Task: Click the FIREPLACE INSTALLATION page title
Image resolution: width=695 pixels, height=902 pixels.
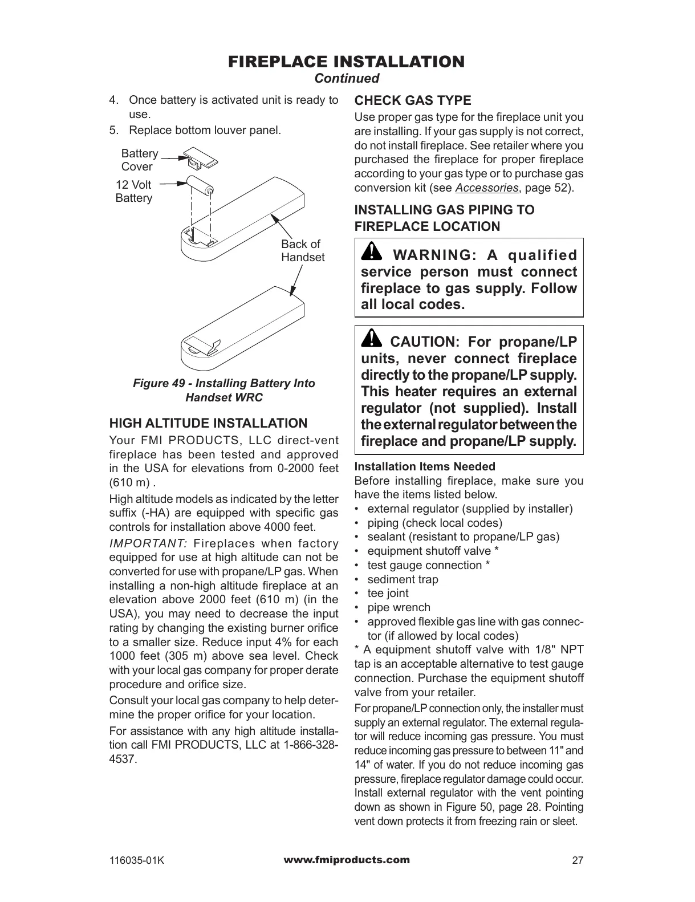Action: [x=347, y=61]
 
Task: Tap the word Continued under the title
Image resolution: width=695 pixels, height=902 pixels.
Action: [x=347, y=78]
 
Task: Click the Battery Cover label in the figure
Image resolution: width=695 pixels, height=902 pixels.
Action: [x=139, y=160]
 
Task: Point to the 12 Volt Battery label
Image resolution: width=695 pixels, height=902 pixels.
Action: [x=134, y=192]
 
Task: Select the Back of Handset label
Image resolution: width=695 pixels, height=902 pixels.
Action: [x=302, y=251]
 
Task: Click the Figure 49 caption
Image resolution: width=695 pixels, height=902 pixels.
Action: [x=224, y=390]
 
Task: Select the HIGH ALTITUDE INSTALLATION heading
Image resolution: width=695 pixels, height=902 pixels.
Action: [x=208, y=424]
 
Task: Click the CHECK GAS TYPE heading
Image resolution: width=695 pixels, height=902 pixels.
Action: [x=413, y=101]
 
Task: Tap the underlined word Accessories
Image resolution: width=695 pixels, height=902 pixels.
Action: [x=486, y=188]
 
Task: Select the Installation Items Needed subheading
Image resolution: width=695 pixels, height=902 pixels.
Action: [x=425, y=466]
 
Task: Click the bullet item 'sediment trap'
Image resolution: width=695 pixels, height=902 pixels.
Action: [x=403, y=579]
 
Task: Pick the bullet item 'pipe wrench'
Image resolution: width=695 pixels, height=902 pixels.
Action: [x=399, y=607]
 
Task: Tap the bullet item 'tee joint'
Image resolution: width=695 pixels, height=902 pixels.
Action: [x=388, y=593]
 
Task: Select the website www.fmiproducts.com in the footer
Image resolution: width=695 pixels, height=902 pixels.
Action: [x=347, y=860]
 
